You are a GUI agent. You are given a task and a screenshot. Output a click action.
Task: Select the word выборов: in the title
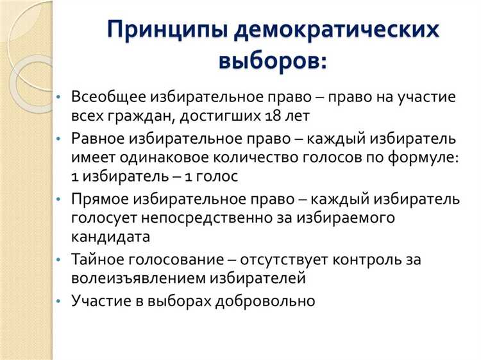(273, 62)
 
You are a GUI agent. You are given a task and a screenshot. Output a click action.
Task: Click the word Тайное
(99, 259)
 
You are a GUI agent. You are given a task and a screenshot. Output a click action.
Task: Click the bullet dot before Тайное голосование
(60, 260)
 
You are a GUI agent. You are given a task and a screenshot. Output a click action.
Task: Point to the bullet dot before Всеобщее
(60, 97)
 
